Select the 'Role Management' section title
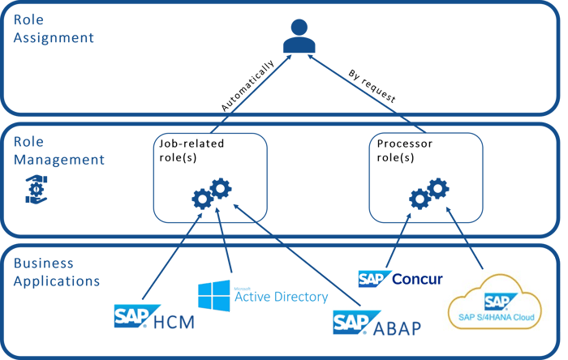[58, 150]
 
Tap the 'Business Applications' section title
[56, 272]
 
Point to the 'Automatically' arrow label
[247, 85]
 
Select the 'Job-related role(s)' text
[191, 150]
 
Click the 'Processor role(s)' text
[406, 150]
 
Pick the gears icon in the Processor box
[429, 193]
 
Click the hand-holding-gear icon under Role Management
[31, 187]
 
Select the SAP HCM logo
[154, 317]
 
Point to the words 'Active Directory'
[280, 297]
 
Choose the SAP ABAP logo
[379, 321]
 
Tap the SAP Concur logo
[399, 279]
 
